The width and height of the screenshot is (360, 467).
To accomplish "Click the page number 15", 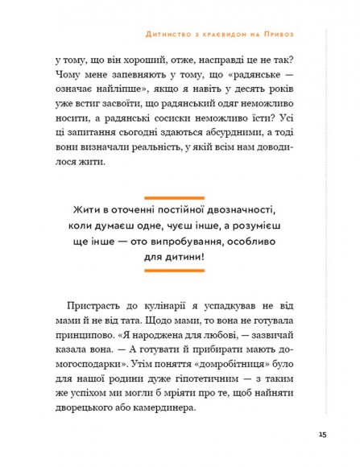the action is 321,436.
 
